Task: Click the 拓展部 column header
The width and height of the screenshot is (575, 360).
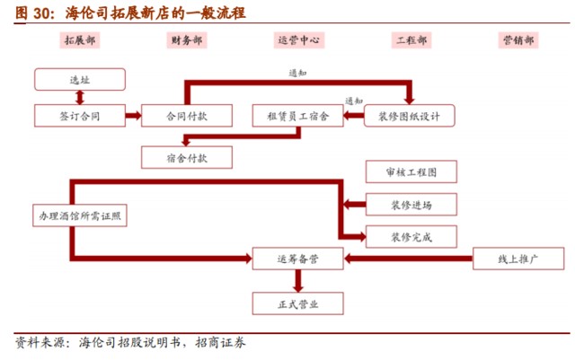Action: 80,41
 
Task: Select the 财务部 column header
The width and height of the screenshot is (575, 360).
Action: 186,41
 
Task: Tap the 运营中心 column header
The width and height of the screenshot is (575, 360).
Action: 299,41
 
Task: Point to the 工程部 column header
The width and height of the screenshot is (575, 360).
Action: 411,41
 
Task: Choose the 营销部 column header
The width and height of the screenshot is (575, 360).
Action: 518,41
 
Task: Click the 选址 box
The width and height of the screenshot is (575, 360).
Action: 80,80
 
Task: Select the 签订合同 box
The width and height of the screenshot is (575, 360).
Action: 80,116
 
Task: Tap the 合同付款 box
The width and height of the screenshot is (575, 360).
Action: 187,116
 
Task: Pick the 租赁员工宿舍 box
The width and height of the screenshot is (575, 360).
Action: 298,116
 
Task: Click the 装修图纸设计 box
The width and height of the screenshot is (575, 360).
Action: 410,116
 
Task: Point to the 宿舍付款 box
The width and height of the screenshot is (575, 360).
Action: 187,157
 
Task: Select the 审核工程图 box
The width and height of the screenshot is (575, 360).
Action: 411,171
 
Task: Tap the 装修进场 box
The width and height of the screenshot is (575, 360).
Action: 411,205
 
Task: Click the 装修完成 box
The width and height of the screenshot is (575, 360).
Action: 411,238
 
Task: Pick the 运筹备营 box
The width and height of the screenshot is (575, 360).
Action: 298,259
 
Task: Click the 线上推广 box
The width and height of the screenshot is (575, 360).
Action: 517,259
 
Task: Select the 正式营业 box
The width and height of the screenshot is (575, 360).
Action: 298,304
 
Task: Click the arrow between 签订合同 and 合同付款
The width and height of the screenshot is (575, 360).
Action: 133,116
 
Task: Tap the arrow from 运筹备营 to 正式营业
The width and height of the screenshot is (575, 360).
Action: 298,282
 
